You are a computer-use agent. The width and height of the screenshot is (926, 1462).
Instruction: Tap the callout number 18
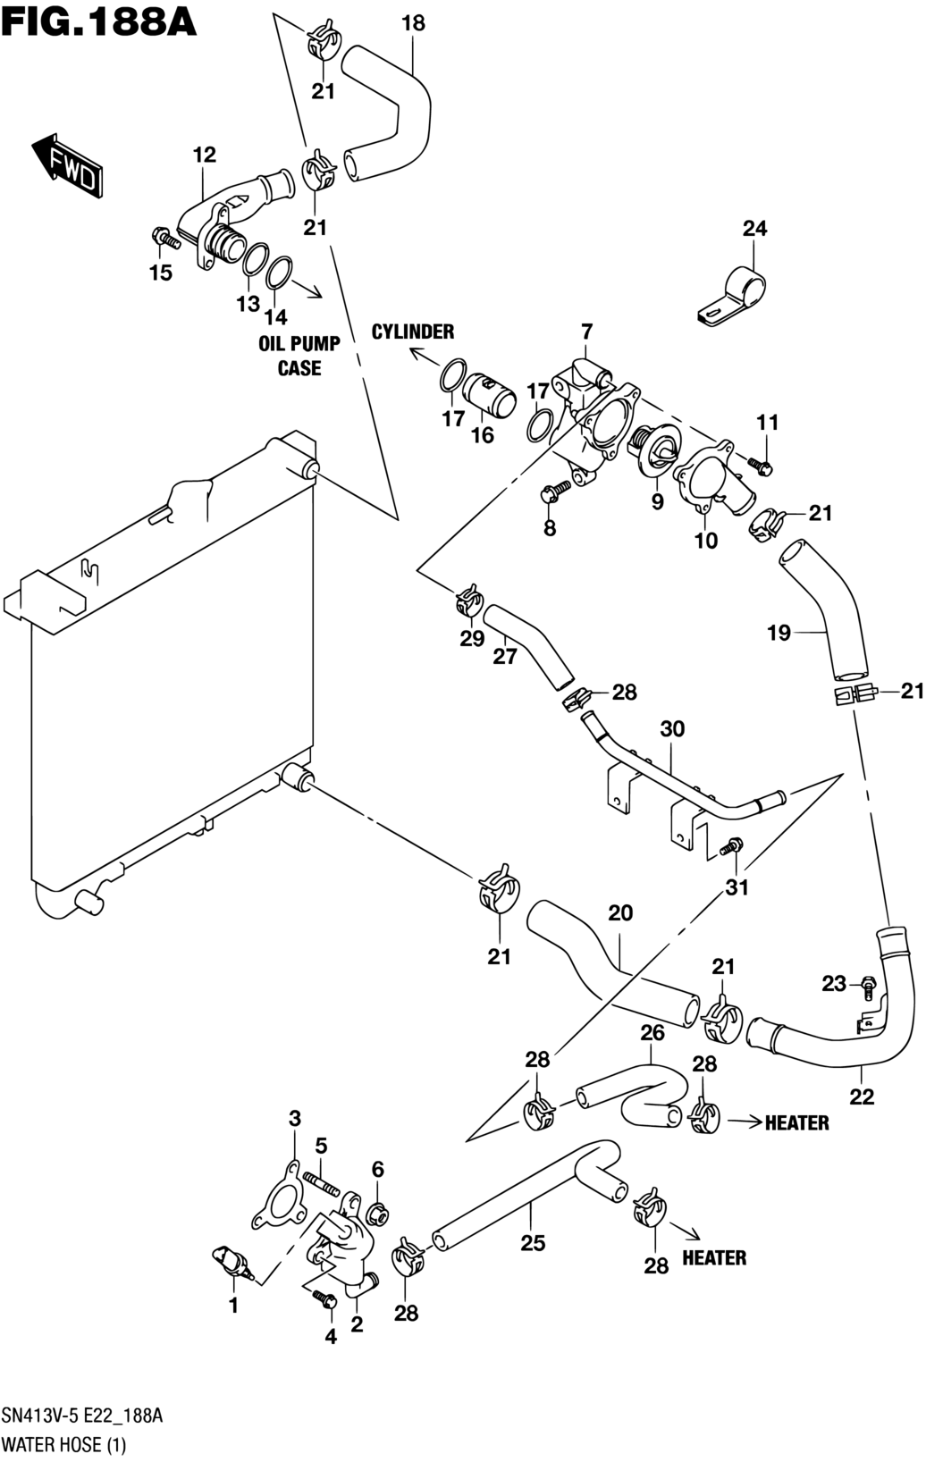click(413, 24)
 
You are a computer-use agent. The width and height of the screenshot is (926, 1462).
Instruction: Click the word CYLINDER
click(413, 332)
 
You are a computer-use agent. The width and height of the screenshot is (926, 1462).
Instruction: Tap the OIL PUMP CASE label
click(299, 356)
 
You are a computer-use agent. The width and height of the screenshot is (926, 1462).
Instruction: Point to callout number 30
click(672, 729)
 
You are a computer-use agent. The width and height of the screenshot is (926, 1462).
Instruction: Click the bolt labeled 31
click(731, 845)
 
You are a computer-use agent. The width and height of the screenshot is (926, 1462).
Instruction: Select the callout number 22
click(862, 1096)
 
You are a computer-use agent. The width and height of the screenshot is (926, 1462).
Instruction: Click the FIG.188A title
click(98, 20)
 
